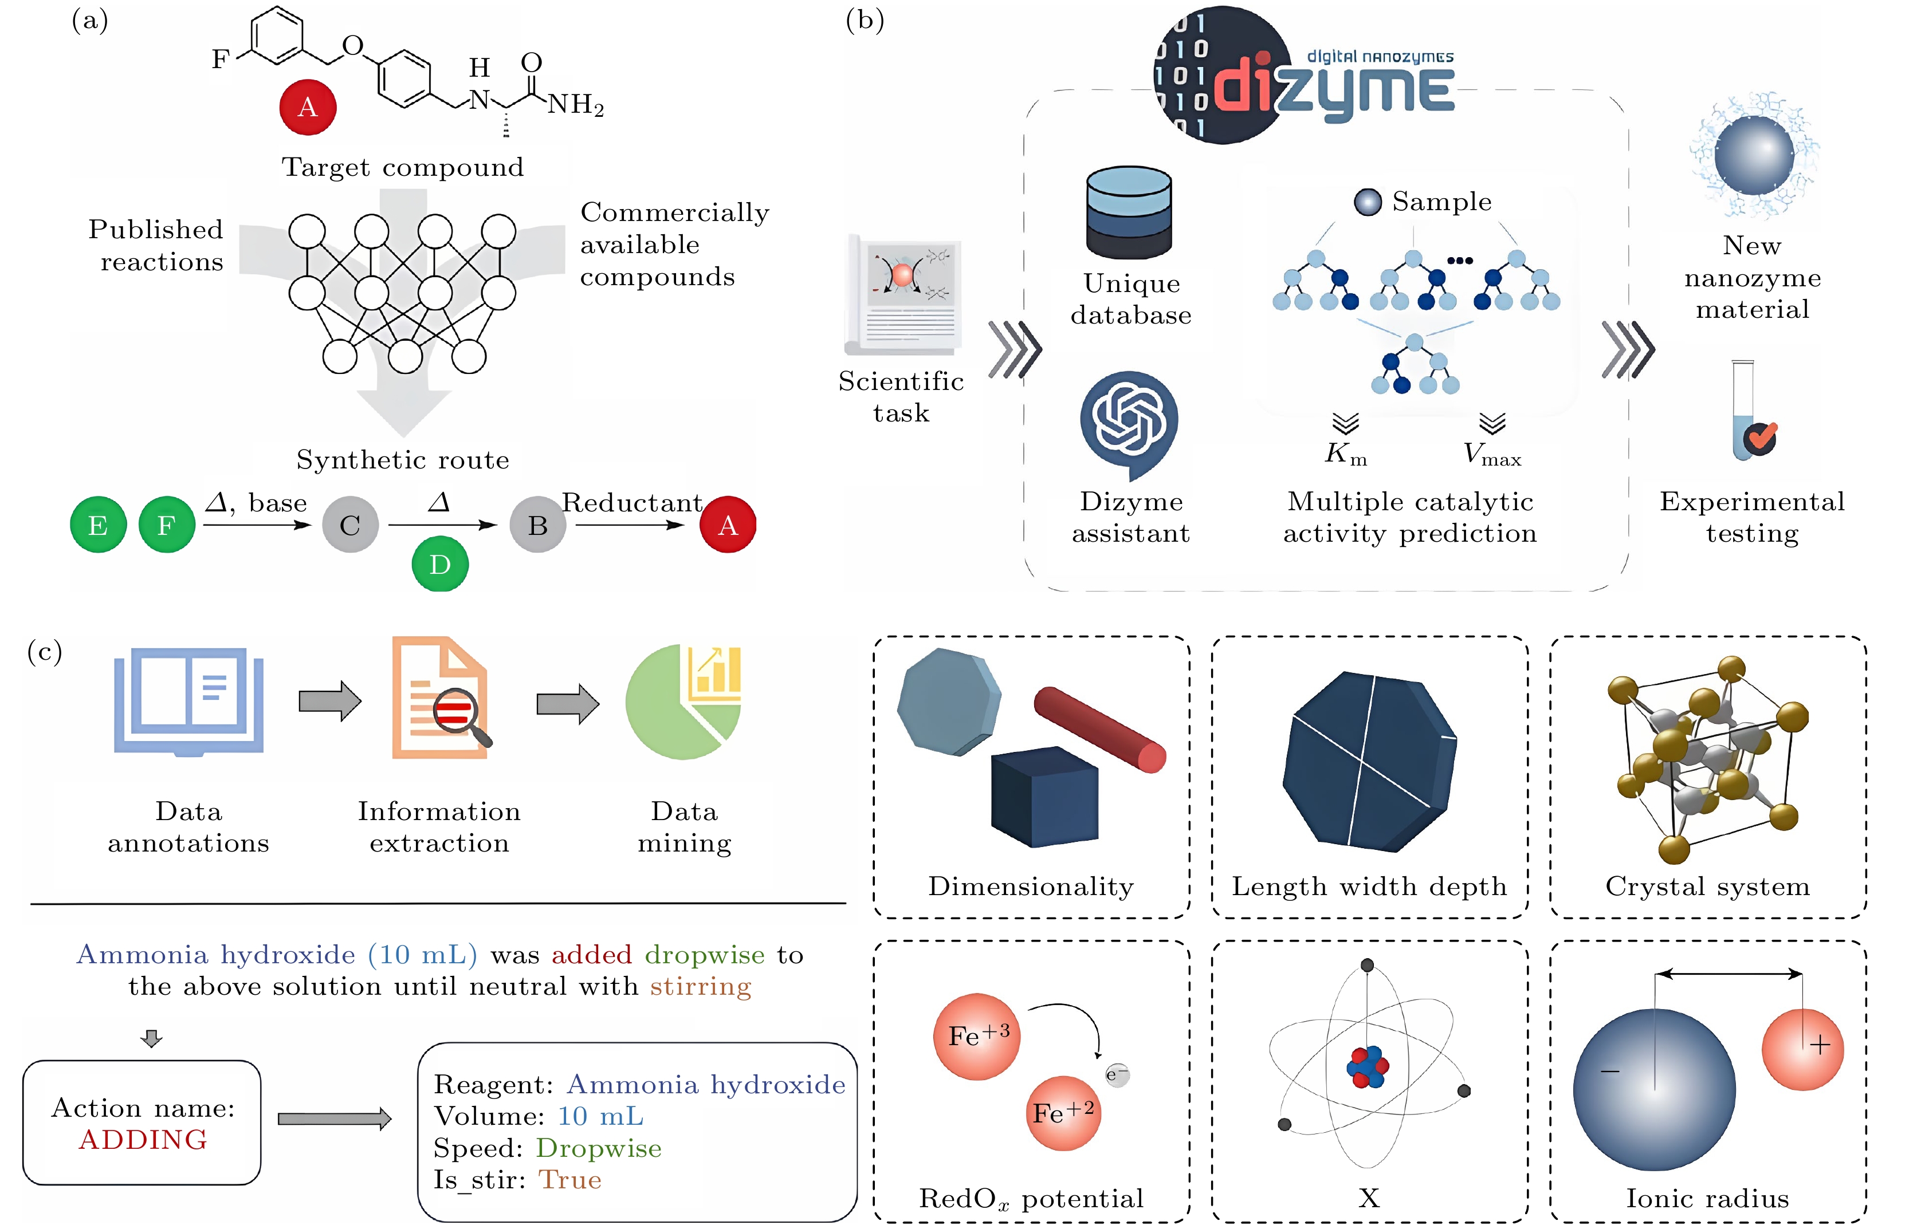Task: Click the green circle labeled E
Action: click(x=98, y=525)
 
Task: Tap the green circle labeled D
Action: click(x=440, y=564)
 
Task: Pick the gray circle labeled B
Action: click(x=538, y=525)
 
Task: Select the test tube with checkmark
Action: click(x=1749, y=412)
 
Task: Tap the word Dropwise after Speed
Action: click(x=598, y=1148)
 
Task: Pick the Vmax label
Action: click(x=1491, y=455)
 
